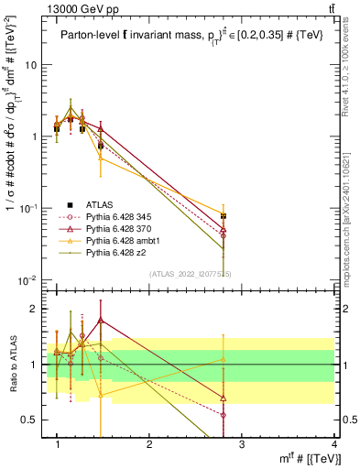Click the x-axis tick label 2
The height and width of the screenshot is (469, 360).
tap(149, 444)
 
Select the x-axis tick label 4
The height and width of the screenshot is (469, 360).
tap(333, 444)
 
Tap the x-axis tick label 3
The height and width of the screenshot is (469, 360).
tap(242, 444)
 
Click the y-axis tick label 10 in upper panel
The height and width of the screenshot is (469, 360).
tap(30, 65)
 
